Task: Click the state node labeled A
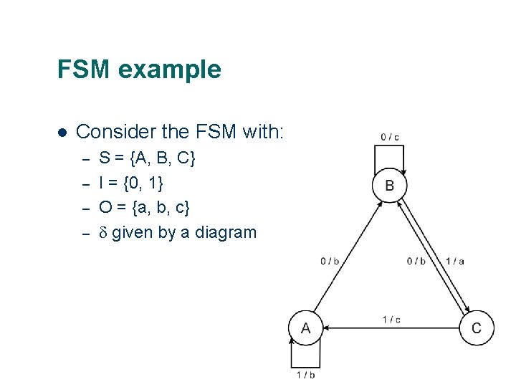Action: click(x=306, y=328)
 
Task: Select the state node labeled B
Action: click(x=390, y=186)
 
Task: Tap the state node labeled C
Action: click(x=477, y=328)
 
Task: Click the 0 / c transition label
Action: click(x=390, y=136)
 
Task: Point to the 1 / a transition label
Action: click(x=455, y=261)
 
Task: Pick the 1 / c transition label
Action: click(x=391, y=320)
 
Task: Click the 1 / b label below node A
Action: click(x=306, y=374)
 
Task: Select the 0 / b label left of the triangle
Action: click(x=330, y=261)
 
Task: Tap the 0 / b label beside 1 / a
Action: click(x=416, y=261)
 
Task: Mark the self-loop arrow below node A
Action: click(x=305, y=355)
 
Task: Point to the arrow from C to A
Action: click(x=391, y=328)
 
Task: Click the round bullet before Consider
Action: click(x=62, y=133)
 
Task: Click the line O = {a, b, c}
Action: click(x=144, y=208)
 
